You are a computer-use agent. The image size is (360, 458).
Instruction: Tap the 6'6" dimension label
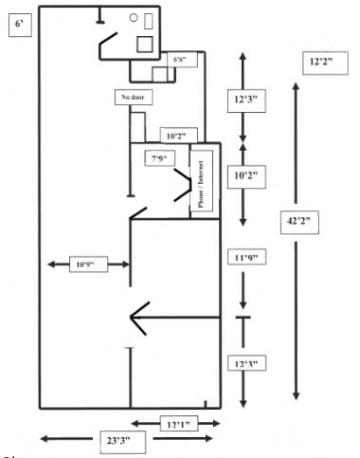tap(180, 60)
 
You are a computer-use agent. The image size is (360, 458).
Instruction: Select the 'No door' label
tap(133, 98)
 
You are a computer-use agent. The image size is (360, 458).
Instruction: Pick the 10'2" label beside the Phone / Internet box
tap(243, 176)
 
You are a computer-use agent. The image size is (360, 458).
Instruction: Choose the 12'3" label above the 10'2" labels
tap(243, 98)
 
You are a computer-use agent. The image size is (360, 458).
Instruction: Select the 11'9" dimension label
tap(243, 258)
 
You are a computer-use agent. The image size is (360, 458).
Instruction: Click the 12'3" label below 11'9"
tap(243, 363)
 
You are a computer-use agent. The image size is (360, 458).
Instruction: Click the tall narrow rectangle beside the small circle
tap(148, 18)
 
